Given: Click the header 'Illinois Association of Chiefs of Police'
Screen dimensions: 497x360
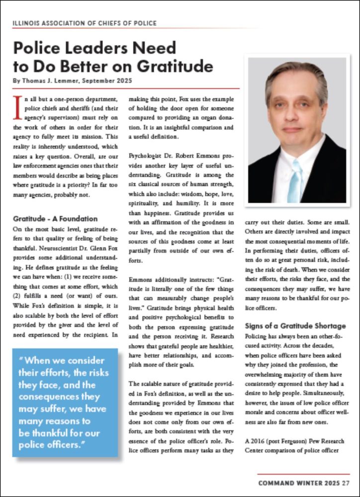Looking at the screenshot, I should point(85,23).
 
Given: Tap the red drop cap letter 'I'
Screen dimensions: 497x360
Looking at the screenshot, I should point(18,107).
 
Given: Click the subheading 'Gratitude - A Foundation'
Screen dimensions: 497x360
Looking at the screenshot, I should point(55,219).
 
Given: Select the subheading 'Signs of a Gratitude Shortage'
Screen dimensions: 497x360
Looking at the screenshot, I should point(295,326).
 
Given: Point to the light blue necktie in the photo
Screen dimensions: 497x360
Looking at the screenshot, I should point(296,179).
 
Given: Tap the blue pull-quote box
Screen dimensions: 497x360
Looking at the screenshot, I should point(65,402).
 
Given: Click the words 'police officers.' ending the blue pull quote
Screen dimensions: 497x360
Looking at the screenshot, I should point(59,444).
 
